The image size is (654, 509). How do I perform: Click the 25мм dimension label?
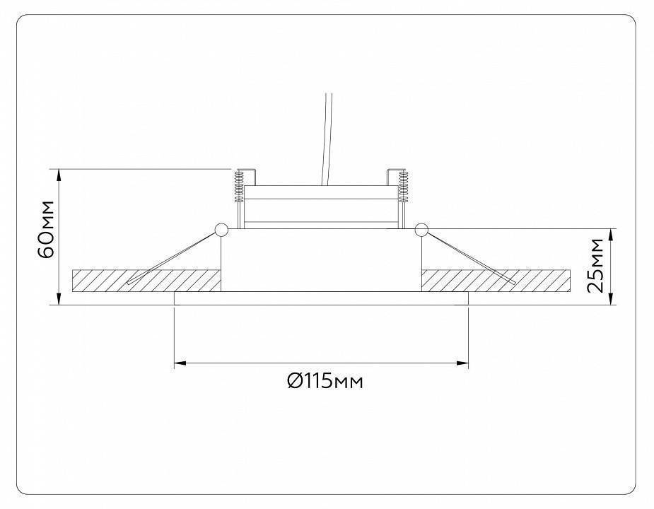coord(596,266)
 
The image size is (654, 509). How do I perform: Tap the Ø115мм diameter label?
coord(325,382)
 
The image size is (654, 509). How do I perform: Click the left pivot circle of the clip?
coord(220,229)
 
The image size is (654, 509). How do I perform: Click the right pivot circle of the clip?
coord(421,229)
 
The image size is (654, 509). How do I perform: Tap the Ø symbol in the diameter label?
coord(295,382)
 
